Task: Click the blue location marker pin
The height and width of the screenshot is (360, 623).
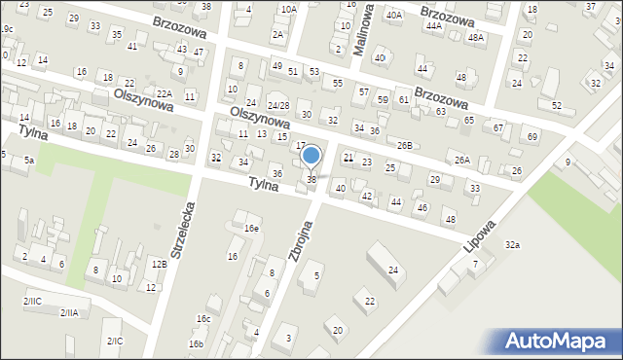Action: pyautogui.click(x=311, y=156)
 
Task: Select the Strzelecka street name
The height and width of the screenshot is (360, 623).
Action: pyautogui.click(x=183, y=230)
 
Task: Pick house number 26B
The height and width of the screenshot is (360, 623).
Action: pyautogui.click(x=404, y=145)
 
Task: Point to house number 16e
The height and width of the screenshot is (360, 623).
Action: pyautogui.click(x=251, y=228)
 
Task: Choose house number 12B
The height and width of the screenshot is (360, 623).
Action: pyautogui.click(x=159, y=264)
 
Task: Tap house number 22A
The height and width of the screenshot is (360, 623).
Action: pyautogui.click(x=165, y=93)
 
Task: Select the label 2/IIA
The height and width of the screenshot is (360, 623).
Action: pyautogui.click(x=68, y=312)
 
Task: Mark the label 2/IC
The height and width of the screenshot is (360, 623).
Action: pyautogui.click(x=115, y=341)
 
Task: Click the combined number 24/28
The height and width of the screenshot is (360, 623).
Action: pyautogui.click(x=278, y=105)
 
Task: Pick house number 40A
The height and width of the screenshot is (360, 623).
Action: pyautogui.click(x=393, y=16)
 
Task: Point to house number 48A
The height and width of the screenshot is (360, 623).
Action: pyautogui.click(x=475, y=37)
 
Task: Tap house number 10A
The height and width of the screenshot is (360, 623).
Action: pyautogui.click(x=288, y=9)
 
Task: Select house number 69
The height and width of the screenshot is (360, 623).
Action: pyautogui.click(x=532, y=136)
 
